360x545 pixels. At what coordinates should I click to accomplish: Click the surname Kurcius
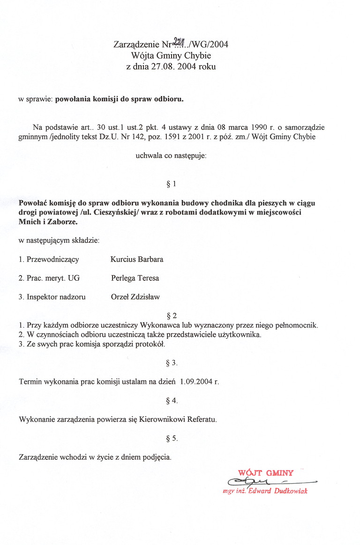pyautogui.click(x=122, y=259)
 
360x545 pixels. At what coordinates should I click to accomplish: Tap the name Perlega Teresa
pyautogui.click(x=135, y=278)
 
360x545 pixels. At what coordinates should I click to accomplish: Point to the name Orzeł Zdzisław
pyautogui.click(x=135, y=297)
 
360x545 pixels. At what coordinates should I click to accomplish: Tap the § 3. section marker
pyautogui.click(x=172, y=363)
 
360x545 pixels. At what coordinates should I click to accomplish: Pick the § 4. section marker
pyautogui.click(x=172, y=401)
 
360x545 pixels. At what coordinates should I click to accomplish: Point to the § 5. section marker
pyautogui.click(x=172, y=439)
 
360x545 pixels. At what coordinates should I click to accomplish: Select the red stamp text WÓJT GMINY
pyautogui.click(x=266, y=473)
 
